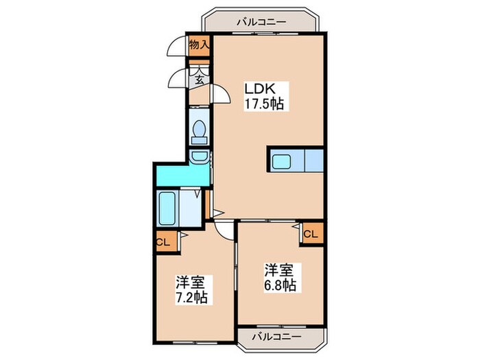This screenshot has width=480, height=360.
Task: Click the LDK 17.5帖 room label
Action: point(263,97)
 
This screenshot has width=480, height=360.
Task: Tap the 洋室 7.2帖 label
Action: point(191,289)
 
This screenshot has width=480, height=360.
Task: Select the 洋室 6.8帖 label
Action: point(280,277)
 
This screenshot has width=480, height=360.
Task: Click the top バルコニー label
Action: point(262,22)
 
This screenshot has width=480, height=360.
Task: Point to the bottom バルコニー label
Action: point(276,337)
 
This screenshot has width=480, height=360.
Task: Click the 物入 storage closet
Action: point(200,46)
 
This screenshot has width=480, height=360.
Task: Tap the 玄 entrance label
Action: point(200,80)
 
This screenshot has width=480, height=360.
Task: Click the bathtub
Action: point(167,208)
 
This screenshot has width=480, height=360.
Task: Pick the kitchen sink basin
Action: point(281,161)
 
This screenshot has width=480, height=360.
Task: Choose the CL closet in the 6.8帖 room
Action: point(313,235)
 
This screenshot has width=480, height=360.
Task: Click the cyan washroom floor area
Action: point(183,176)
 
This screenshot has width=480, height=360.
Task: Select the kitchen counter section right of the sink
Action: point(314,161)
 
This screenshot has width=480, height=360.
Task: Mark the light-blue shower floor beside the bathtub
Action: point(190,208)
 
